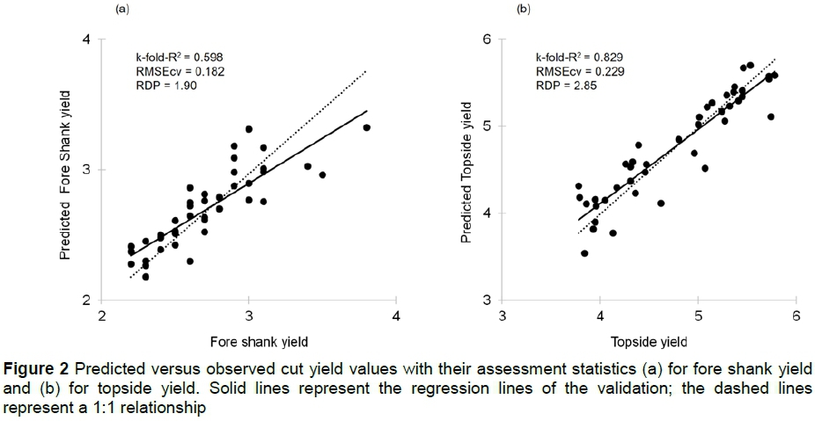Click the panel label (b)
pos(524,9)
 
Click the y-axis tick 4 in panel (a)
pos(86,40)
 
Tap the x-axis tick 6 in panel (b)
pos(795,316)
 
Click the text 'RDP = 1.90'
pos(158,86)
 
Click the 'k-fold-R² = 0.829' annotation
pos(573,56)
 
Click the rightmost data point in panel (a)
pos(366,127)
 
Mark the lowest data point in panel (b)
pos(584,253)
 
